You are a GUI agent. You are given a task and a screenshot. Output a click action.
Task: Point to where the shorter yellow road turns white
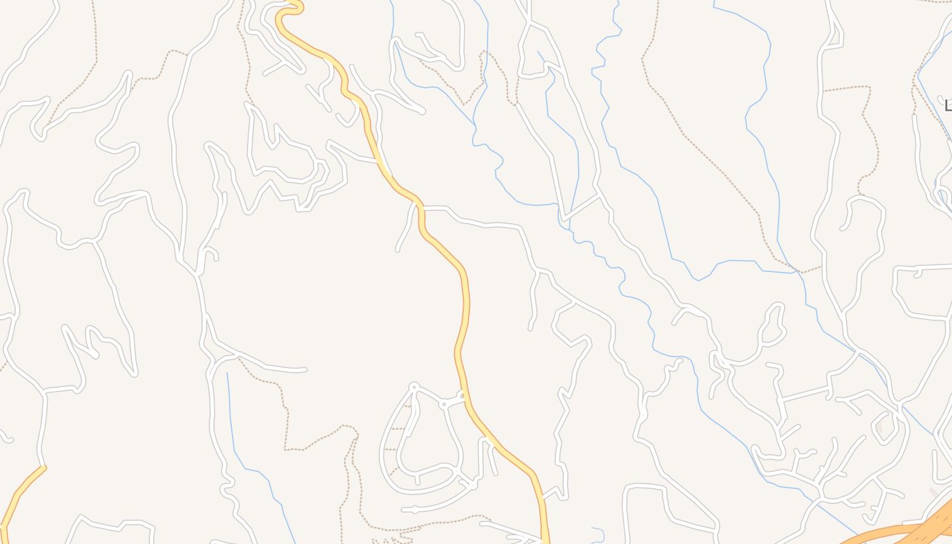click(x=44, y=467)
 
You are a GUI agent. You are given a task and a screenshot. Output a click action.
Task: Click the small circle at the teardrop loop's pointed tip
click(x=413, y=387)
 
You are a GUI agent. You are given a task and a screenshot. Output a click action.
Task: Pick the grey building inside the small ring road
click(x=879, y=428)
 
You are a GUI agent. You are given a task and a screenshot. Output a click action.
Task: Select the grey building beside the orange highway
click(x=934, y=492)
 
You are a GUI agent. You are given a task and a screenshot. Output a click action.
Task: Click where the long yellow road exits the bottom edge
click(x=545, y=540)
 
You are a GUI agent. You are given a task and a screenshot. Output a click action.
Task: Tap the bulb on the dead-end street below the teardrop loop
click(x=414, y=509)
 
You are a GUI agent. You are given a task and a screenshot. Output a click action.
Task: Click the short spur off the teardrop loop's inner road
click(x=418, y=479)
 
